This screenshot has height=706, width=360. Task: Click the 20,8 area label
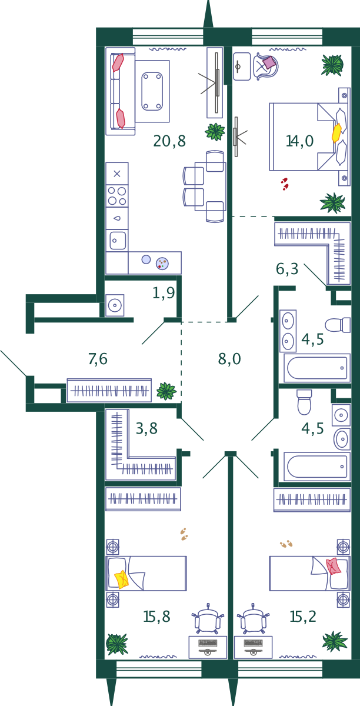[169, 141]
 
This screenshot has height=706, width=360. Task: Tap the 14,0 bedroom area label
[299, 141]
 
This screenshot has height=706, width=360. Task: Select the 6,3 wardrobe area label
[287, 269]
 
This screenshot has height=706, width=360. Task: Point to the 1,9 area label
[164, 293]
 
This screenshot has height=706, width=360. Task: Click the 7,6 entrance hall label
[98, 359]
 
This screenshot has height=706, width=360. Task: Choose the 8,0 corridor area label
[229, 359]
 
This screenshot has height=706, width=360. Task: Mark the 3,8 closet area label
[146, 429]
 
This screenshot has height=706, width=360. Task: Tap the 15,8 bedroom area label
[156, 617]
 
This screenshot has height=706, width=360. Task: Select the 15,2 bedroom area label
[303, 617]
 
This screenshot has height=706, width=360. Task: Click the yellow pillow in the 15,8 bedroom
[122, 580]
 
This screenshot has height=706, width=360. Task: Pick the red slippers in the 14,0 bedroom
[285, 184]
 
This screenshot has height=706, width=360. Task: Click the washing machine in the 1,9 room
[115, 305]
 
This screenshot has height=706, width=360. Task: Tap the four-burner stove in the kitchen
[116, 196]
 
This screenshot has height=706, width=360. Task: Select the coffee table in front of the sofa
[152, 91]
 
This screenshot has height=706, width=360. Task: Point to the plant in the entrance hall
[166, 391]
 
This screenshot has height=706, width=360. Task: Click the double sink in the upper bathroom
[288, 331]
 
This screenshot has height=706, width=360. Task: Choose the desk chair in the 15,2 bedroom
[253, 621]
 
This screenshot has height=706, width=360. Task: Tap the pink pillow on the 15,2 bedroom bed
[334, 566]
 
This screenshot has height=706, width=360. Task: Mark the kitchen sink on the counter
[118, 240]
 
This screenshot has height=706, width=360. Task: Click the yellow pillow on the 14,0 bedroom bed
[336, 132]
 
